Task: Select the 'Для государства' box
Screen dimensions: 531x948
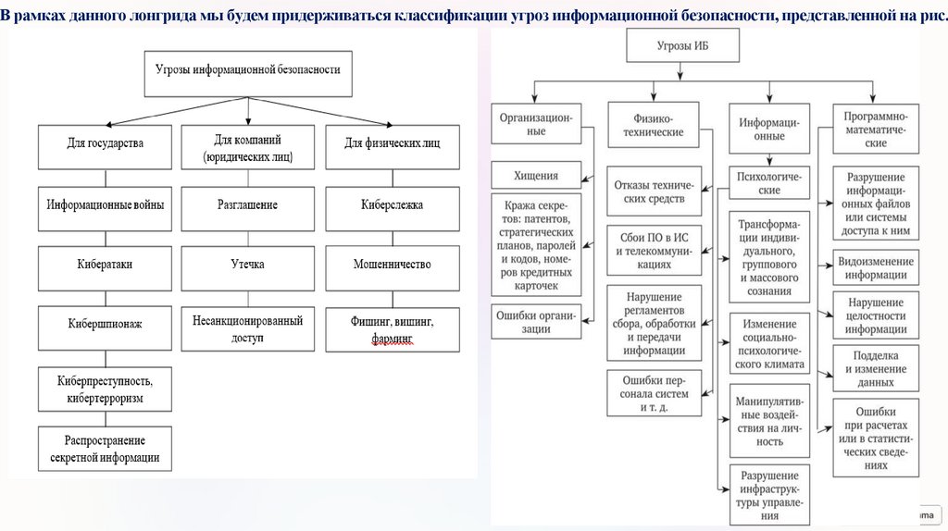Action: pyautogui.click(x=106, y=144)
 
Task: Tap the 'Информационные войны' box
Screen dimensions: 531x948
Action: pyautogui.click(x=106, y=204)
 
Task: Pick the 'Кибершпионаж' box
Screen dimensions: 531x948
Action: pyautogui.click(x=106, y=325)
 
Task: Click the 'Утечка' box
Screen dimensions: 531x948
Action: pyautogui.click(x=248, y=265)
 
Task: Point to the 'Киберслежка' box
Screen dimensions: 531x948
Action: pyautogui.click(x=393, y=204)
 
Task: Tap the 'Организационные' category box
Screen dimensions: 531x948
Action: pyautogui.click(x=536, y=124)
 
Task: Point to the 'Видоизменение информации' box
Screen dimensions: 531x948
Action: pyautogui.click(x=875, y=266)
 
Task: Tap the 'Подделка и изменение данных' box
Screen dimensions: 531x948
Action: pyautogui.click(x=875, y=368)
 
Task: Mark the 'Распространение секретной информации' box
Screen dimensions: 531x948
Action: pyautogui.click(x=106, y=449)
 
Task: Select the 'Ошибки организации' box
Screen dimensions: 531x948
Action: pyautogui.click(x=536, y=322)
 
